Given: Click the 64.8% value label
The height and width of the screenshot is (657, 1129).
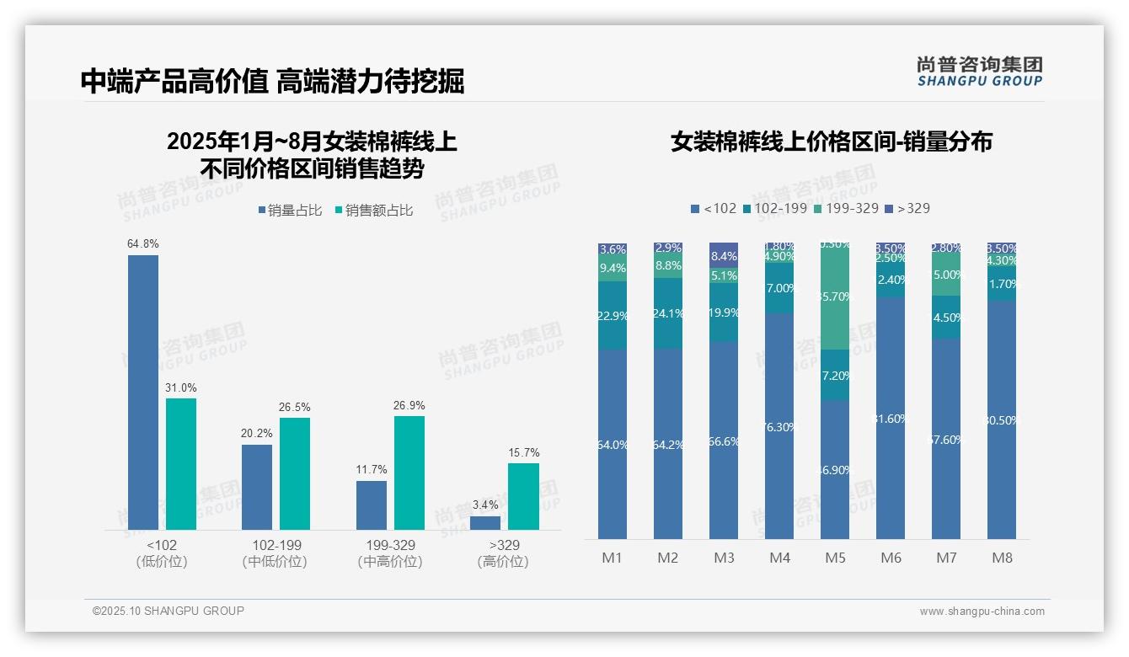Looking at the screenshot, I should tap(142, 243).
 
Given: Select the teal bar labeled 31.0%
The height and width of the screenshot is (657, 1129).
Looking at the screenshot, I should tap(180, 463).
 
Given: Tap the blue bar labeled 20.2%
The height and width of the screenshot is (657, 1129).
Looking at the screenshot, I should tap(257, 487).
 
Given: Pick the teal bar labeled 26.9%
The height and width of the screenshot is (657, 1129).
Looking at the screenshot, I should tap(409, 473).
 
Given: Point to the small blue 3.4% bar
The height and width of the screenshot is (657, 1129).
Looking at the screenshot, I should tap(485, 522).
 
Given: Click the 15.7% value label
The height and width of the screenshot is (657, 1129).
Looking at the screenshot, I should tap(523, 452).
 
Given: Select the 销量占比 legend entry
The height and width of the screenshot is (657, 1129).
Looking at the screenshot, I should tap(290, 211).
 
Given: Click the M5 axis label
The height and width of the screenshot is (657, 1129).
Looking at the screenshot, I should tap(835, 558).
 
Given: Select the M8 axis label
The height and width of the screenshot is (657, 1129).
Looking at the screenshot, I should tap(1002, 558).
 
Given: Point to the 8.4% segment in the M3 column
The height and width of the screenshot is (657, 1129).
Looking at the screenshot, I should tap(724, 255).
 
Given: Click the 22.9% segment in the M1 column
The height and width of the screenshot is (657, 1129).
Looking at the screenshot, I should tap(613, 315).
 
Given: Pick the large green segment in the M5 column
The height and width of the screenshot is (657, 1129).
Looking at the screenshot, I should tap(835, 296).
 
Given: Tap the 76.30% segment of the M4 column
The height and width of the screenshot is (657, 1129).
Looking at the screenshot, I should tap(779, 426).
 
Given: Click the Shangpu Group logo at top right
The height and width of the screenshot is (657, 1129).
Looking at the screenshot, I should tap(979, 72).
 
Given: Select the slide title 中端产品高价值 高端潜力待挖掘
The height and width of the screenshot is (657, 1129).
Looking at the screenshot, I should tap(272, 82).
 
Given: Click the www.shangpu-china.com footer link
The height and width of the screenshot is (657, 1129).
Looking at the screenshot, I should tap(982, 612).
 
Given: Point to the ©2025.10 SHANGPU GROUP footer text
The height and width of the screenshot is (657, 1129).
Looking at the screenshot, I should tap(169, 611).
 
